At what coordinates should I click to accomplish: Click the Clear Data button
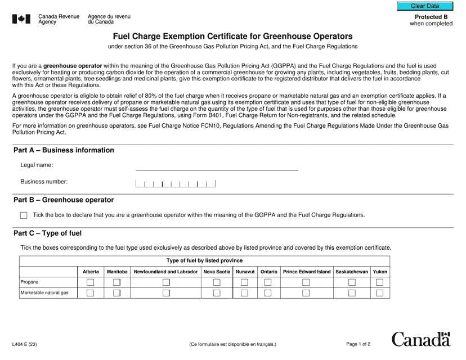pyautogui.click(x=424, y=6)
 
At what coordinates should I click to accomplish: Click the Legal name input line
pyautogui.click(x=217, y=166)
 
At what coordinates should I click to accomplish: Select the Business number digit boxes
pyautogui.click(x=176, y=183)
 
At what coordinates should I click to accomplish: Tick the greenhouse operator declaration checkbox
pyautogui.click(x=24, y=215)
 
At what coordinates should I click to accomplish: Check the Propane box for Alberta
pyautogui.click(x=90, y=282)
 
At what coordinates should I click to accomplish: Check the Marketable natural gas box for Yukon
pyautogui.click(x=379, y=293)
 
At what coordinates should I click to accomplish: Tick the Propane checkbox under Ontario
pyautogui.click(x=268, y=282)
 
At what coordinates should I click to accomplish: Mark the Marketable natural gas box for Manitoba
pyautogui.click(x=117, y=293)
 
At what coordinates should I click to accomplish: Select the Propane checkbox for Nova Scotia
pyautogui.click(x=217, y=282)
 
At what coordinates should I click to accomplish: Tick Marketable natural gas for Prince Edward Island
pyautogui.click(x=306, y=293)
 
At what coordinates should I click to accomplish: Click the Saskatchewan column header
pyautogui.click(x=352, y=272)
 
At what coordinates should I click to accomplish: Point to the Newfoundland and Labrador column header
pyautogui.click(x=165, y=272)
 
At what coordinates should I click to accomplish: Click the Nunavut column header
pyautogui.click(x=245, y=272)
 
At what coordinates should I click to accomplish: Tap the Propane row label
pyautogui.click(x=30, y=282)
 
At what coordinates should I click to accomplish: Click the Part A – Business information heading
pyautogui.click(x=64, y=150)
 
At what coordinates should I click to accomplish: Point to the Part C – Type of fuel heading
pyautogui.click(x=51, y=233)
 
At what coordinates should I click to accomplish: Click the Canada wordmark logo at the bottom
pyautogui.click(x=421, y=340)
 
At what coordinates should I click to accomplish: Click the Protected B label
pyautogui.click(x=431, y=17)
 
